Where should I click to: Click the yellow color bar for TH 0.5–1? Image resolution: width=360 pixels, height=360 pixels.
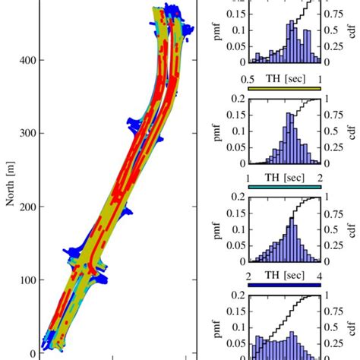click(x=280, y=88)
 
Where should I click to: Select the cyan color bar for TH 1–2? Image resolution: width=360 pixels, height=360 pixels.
click(x=280, y=186)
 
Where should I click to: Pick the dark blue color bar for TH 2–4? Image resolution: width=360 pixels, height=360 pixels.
click(x=280, y=285)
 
